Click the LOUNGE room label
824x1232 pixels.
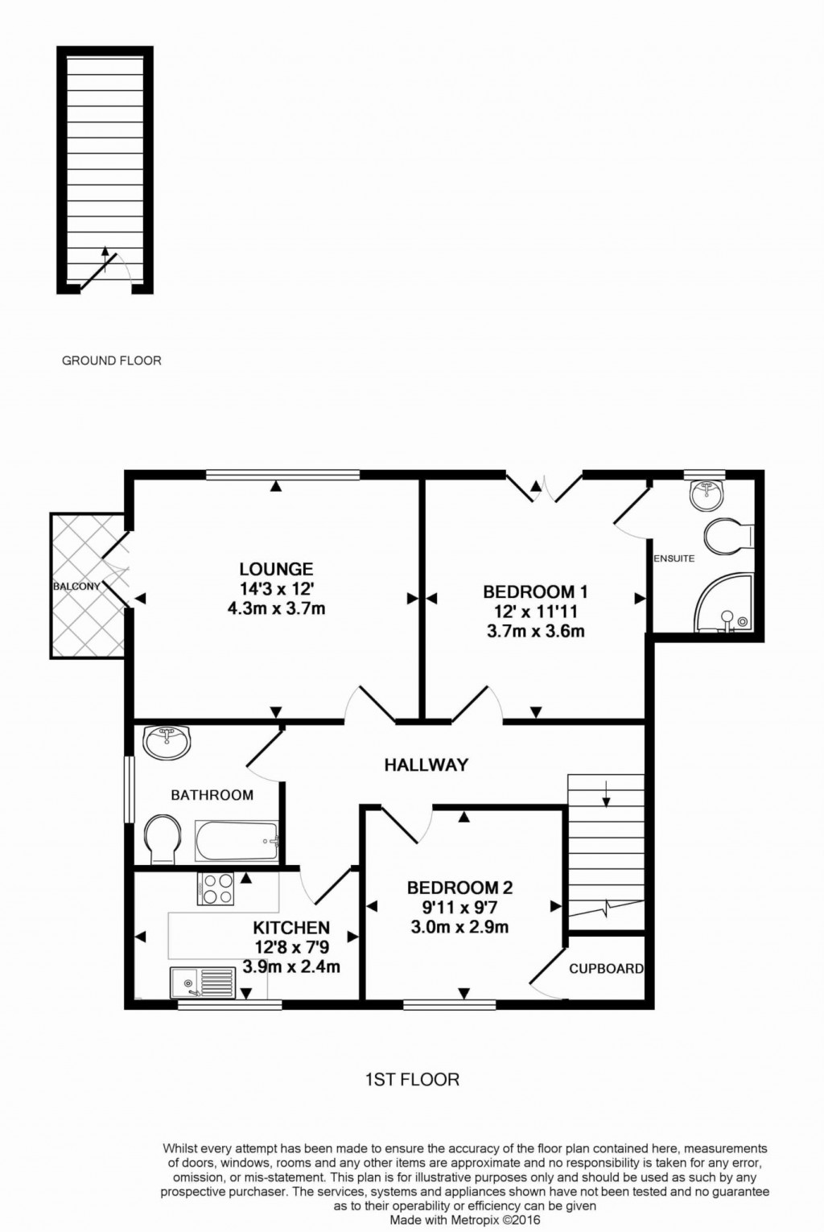click(276, 569)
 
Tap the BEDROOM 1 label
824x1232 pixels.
click(535, 592)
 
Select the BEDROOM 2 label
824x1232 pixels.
click(459, 888)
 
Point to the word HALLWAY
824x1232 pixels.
click(426, 765)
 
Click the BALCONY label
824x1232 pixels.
click(76, 587)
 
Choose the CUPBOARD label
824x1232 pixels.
click(606, 969)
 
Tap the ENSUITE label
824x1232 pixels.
click(674, 558)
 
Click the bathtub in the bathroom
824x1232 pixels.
click(237, 843)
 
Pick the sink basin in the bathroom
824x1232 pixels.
click(167, 741)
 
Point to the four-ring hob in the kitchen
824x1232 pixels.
click(216, 889)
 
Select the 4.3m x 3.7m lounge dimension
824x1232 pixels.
click(276, 608)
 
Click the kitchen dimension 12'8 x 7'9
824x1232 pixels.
click(291, 948)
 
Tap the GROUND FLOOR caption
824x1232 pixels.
click(112, 361)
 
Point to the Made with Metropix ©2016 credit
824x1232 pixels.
click(465, 1220)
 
